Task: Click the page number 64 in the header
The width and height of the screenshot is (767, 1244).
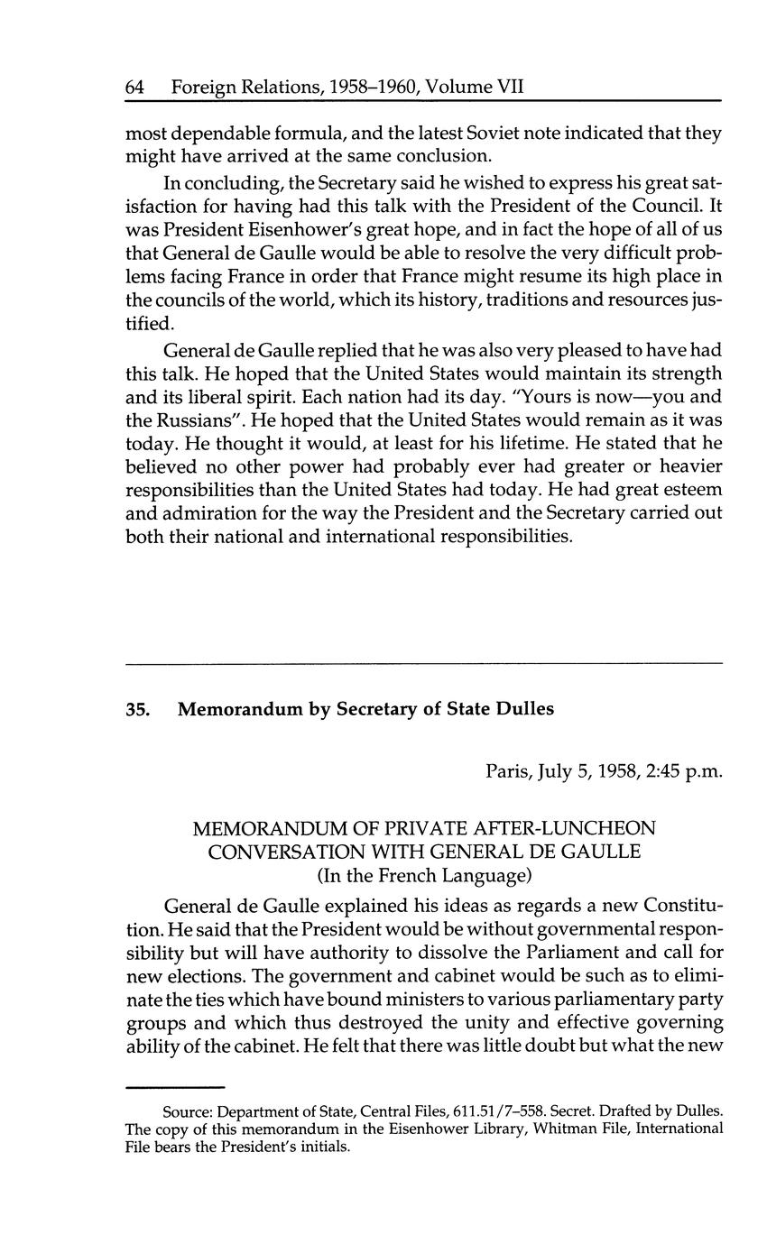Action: coord(135,88)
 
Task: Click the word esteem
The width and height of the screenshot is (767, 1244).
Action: coord(692,490)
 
